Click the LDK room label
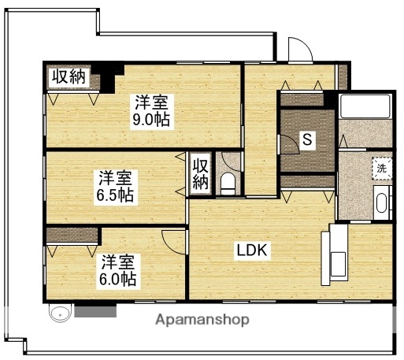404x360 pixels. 253,251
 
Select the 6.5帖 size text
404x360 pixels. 114,195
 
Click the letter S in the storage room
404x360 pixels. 308,141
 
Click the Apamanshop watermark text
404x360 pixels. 202,320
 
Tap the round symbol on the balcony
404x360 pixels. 60,312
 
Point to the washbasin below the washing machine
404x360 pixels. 382,203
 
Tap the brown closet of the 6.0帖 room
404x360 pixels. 72,235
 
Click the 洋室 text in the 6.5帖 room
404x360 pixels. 114,178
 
